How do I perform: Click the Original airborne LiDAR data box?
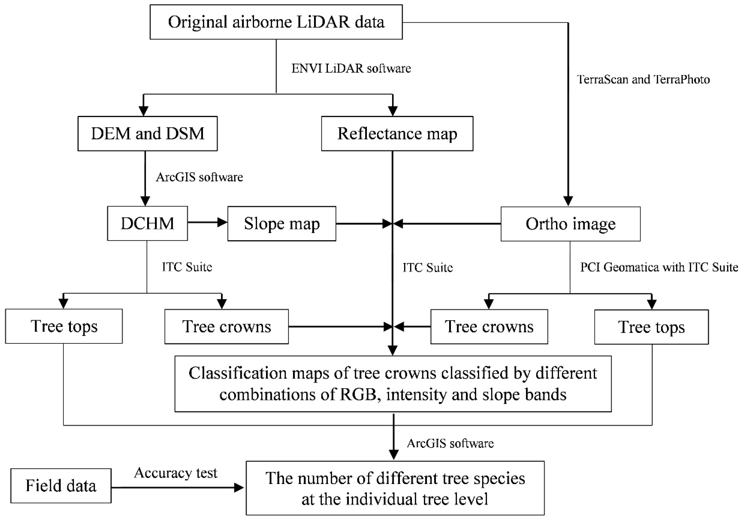(276, 22)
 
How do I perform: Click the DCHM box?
(148, 223)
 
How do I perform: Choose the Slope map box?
(282, 223)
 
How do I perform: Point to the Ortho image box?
(570, 224)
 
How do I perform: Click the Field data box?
(61, 485)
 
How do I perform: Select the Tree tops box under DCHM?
(64, 326)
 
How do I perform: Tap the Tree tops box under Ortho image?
(651, 327)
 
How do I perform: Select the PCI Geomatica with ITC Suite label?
(659, 267)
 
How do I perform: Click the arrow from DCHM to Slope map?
(207, 222)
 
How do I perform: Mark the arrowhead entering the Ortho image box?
(568, 201)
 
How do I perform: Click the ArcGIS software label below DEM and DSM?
(199, 177)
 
